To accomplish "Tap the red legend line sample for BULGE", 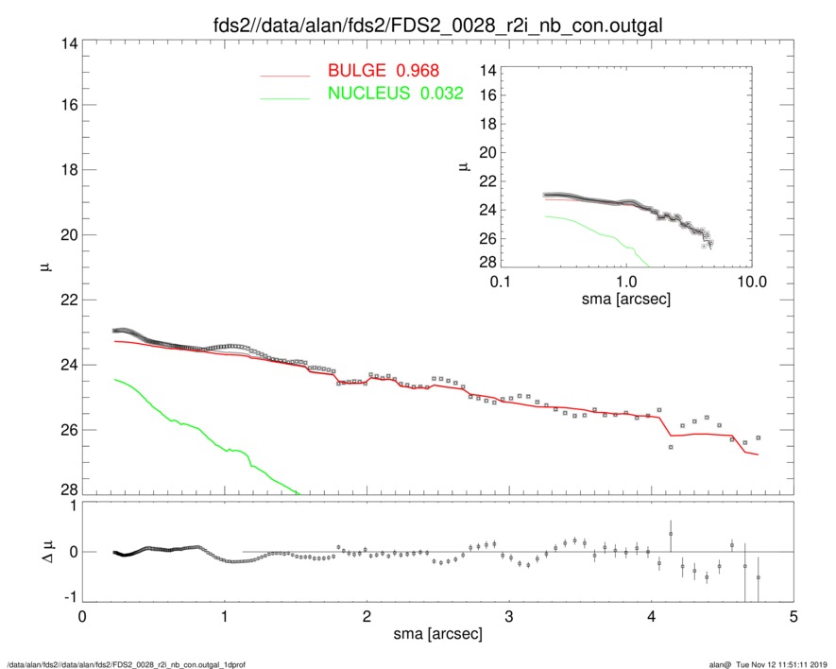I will coord(285,74).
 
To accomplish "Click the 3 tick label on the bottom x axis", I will coord(509,617).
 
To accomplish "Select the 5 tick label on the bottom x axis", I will coord(793,617).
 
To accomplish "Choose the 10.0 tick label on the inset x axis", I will coord(751,283).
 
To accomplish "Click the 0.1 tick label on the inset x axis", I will coord(501,283).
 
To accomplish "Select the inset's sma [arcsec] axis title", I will coord(625,301).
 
